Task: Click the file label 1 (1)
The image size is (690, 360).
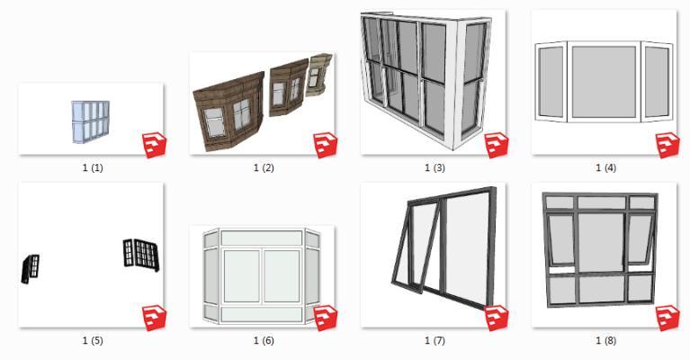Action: coord(93,167)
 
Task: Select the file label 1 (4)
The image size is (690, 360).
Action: coord(606,167)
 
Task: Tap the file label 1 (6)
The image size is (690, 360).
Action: coord(264,340)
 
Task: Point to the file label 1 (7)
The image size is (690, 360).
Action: coord(435,340)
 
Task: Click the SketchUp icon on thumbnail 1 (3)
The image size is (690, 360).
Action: coord(497,145)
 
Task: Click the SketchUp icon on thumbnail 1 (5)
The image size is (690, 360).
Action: coord(155,318)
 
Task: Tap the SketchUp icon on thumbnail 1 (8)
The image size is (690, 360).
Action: coord(668,318)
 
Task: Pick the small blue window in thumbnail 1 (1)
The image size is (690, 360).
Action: coord(91,121)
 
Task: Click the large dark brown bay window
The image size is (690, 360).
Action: coord(229,112)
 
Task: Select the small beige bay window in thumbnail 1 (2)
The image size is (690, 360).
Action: coord(319,74)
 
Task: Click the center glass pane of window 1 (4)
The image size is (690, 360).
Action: coord(604,81)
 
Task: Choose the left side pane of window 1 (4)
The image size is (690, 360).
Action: coord(551,82)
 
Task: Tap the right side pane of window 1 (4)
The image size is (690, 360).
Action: coord(657,82)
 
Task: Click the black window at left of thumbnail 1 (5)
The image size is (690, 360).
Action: coord(31,268)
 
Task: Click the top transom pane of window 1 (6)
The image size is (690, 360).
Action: coord(262,238)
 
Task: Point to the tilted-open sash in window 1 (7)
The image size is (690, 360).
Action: coord(416,248)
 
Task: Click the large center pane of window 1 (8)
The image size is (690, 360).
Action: coord(601,241)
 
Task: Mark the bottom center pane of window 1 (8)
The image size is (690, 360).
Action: coord(602,290)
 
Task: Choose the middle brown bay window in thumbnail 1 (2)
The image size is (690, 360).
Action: coord(287,89)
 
